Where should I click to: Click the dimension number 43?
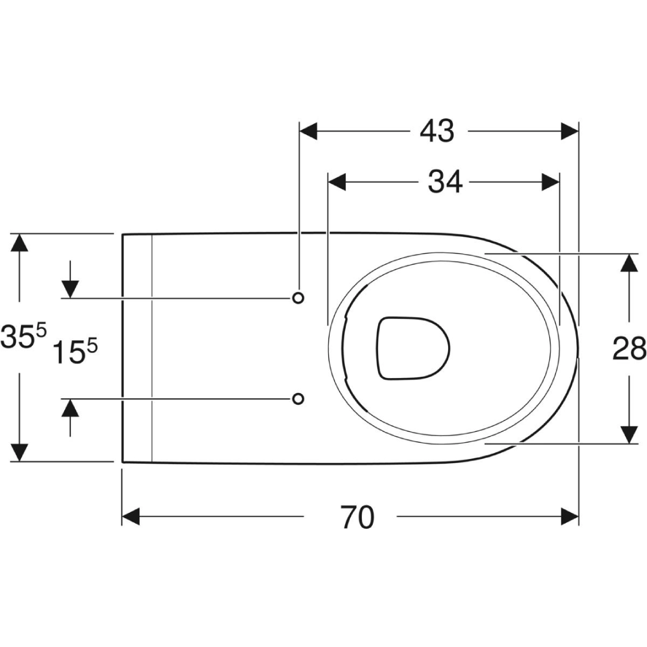[437, 131]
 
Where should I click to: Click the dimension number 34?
[445, 182]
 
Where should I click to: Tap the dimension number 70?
[358, 516]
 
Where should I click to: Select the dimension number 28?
[629, 348]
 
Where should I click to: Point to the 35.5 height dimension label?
[23, 337]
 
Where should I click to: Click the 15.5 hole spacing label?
[75, 352]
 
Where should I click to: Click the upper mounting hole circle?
[298, 298]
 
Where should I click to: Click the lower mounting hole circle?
[298, 398]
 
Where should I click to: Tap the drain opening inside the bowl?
[413, 348]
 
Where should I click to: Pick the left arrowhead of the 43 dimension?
[308, 131]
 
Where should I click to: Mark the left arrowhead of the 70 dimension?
[131, 516]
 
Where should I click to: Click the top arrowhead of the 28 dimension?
[628, 262]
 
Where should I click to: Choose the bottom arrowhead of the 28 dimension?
[628, 434]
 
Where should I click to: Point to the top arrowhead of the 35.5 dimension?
[20, 243]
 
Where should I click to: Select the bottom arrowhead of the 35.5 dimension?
[20, 452]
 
